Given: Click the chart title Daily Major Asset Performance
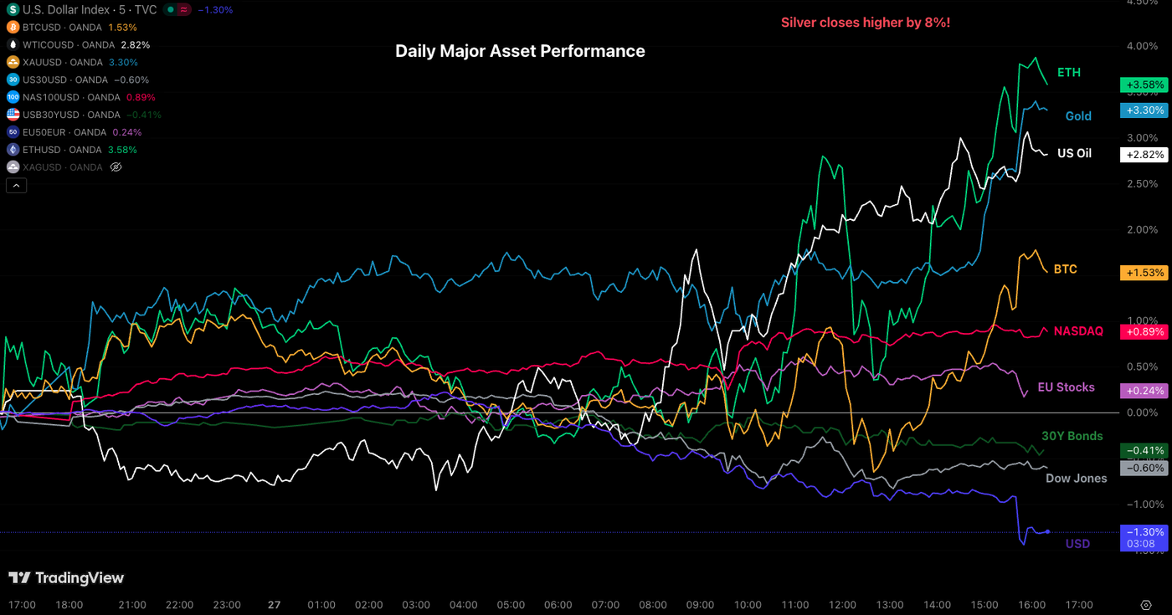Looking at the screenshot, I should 520,51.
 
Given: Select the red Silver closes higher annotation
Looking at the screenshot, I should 865,22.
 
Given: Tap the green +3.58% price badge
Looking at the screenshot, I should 1143,85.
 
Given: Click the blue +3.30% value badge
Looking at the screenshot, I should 1143,110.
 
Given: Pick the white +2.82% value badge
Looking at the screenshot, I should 1143,155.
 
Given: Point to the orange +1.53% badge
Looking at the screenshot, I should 1143,273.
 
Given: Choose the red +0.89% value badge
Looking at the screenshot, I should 1143,331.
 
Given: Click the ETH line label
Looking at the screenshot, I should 1069,73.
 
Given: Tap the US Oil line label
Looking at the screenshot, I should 1074,154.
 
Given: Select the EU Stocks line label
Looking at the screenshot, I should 1066,387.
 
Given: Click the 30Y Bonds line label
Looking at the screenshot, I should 1072,436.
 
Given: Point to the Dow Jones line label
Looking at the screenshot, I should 1076,479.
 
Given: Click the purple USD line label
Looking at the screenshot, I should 1077,544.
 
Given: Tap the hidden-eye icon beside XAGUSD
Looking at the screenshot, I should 116,167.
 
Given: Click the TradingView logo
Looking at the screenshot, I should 66,578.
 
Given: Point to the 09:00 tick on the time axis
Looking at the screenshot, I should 700,605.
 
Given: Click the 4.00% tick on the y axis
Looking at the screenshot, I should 1143,46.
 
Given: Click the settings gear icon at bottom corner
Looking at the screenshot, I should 1146,605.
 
